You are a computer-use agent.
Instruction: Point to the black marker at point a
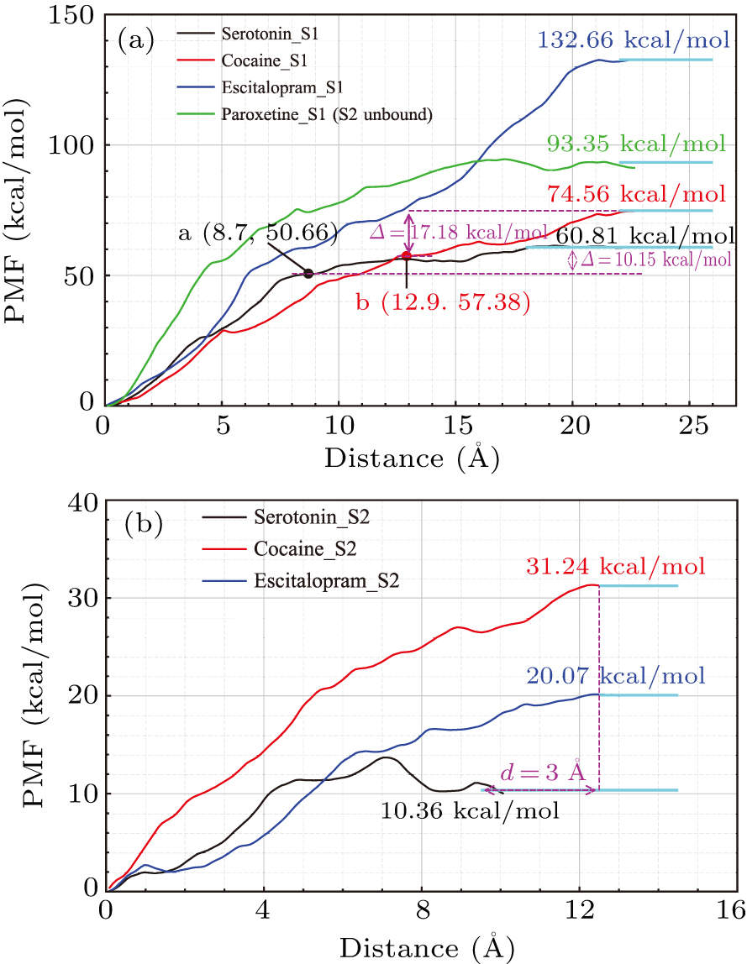pyautogui.click(x=308, y=273)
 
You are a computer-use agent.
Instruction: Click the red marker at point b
pyautogui.click(x=407, y=256)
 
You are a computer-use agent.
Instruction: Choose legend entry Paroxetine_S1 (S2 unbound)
pyautogui.click(x=327, y=114)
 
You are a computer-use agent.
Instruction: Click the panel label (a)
pyautogui.click(x=135, y=39)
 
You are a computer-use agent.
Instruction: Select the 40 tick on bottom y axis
pyautogui.click(x=82, y=501)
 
